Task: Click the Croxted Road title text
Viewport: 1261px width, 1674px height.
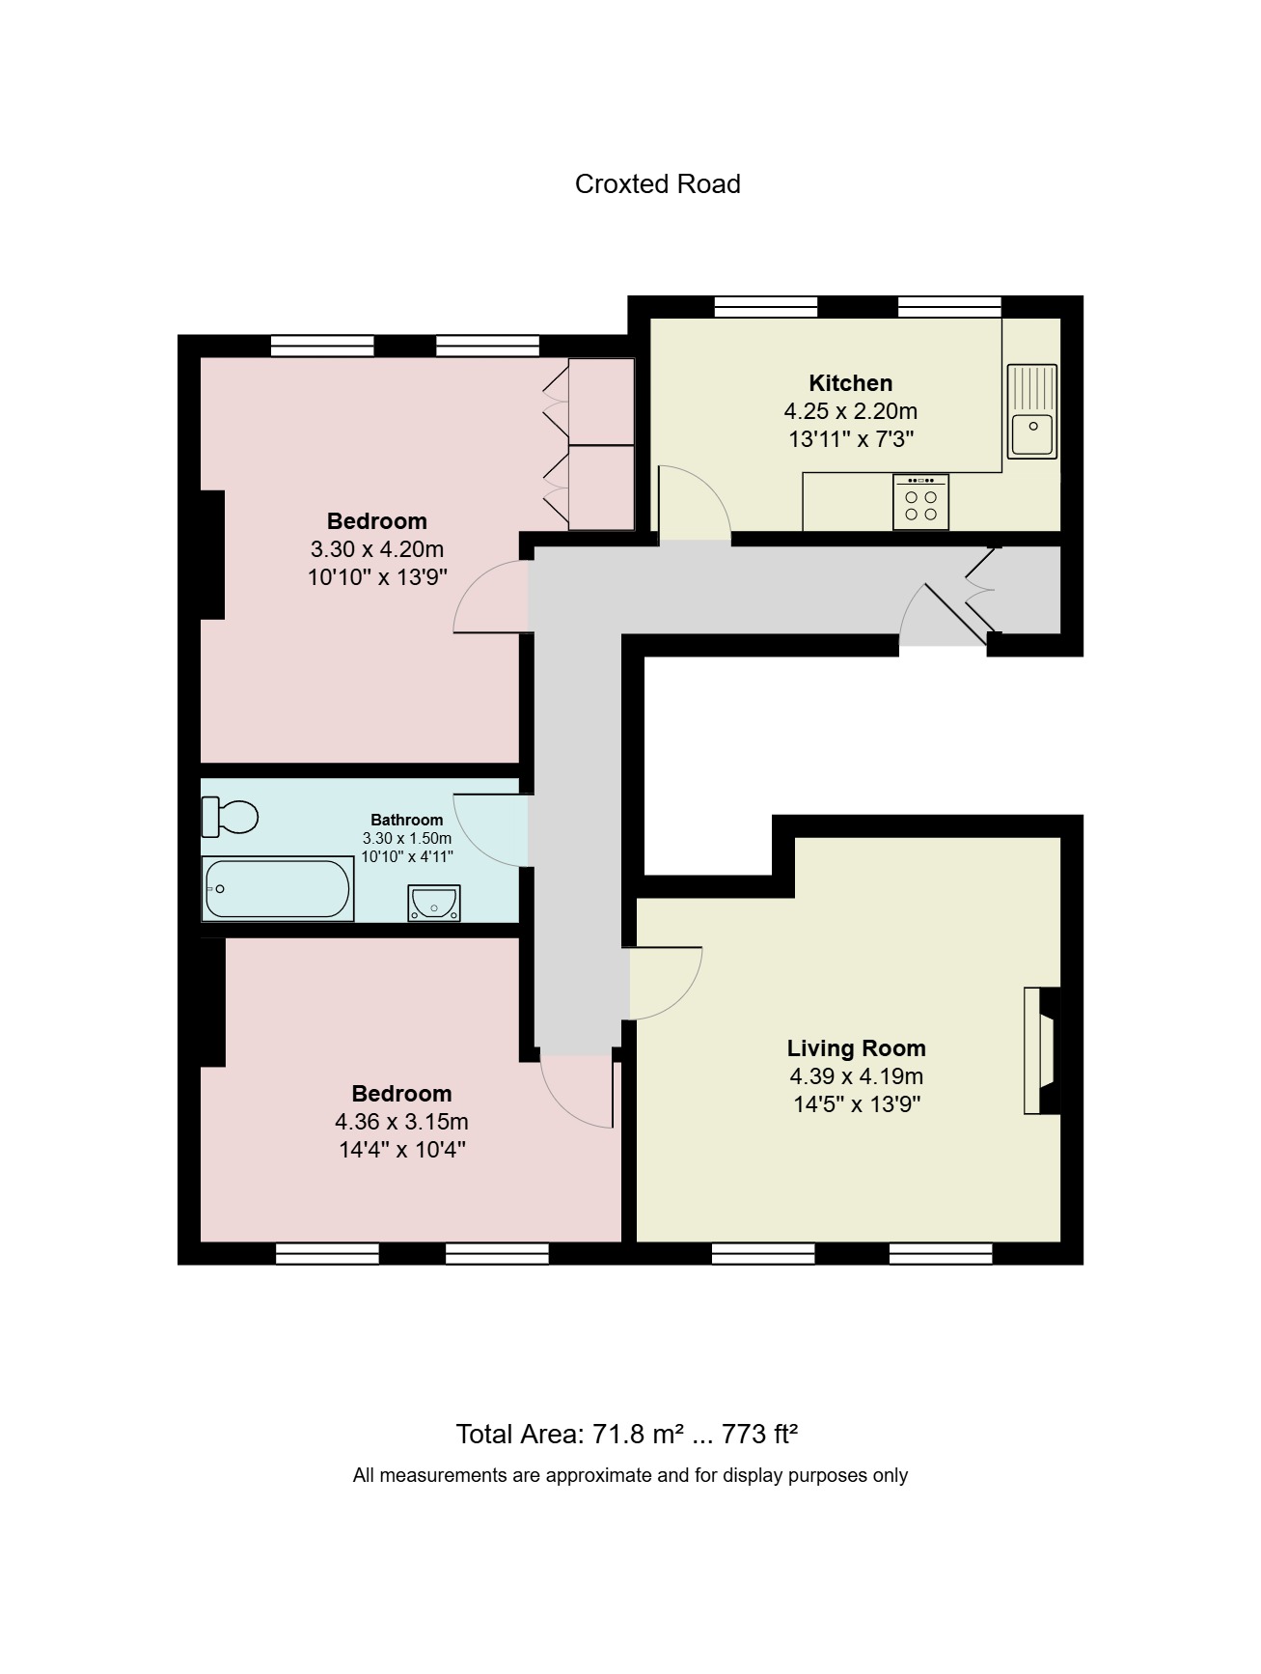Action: tap(657, 184)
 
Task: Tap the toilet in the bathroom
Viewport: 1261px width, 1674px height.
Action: tap(230, 818)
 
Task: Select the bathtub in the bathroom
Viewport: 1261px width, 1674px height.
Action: tap(277, 889)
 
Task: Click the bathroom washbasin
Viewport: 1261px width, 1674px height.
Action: tap(433, 904)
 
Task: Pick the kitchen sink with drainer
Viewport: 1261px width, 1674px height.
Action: tap(1031, 410)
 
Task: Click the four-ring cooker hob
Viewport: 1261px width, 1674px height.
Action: tap(920, 502)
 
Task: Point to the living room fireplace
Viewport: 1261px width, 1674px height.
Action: tap(1043, 1050)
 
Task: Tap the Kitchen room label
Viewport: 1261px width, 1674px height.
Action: tap(850, 383)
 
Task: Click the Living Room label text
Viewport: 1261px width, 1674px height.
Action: tap(856, 1048)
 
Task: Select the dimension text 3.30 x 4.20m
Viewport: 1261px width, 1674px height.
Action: tap(376, 549)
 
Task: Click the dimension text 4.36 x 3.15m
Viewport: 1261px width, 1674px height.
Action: tap(401, 1122)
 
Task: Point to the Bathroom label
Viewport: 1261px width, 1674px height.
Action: tap(407, 820)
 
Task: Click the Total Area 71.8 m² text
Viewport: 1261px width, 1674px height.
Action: tap(569, 1435)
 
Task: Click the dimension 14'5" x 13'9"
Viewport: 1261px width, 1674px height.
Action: tap(856, 1104)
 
